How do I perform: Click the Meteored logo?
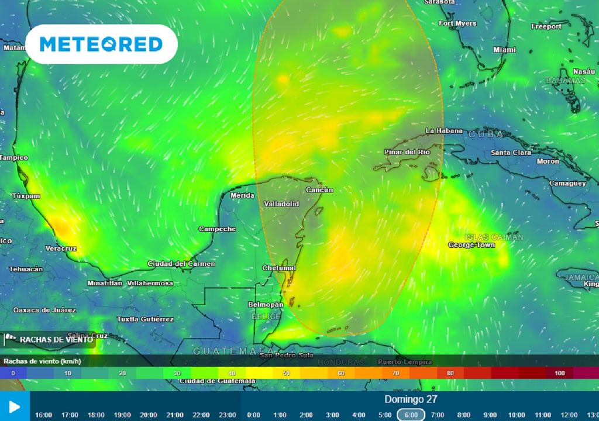(101, 44)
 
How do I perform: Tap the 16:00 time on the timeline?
(43, 415)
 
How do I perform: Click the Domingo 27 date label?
(411, 399)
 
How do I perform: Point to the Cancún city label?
(319, 190)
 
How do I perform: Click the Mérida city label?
(243, 195)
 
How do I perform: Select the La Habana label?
(444, 131)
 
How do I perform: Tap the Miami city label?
(505, 50)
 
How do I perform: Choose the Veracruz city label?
(61, 249)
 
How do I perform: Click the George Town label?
(471, 244)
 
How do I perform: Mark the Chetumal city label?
(280, 268)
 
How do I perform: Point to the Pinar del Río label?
(407, 152)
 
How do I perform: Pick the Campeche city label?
(217, 229)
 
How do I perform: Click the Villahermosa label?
(150, 283)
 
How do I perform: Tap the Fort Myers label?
(457, 23)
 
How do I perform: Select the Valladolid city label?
(281, 204)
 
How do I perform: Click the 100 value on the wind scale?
(560, 373)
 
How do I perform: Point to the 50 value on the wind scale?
(286, 373)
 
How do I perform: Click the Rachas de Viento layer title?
(56, 339)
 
